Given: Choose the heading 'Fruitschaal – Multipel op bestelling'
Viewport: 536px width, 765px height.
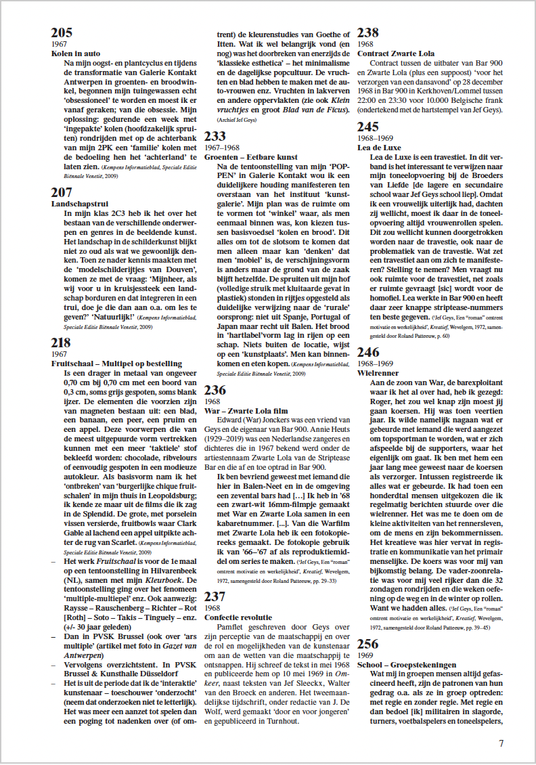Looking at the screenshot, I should (x=116, y=363).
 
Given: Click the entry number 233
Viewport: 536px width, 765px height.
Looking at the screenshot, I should (x=215, y=137).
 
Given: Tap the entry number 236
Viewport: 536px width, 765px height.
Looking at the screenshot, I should (x=215, y=390).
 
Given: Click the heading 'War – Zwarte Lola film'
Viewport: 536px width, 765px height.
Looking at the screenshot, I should (x=247, y=410).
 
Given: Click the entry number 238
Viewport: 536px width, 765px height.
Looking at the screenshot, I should (x=368, y=33).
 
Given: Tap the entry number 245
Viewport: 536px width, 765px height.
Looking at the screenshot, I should (x=368, y=127).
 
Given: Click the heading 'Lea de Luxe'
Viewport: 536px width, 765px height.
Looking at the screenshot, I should (x=378, y=147).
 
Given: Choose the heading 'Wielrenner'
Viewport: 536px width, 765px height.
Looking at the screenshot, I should (x=378, y=372).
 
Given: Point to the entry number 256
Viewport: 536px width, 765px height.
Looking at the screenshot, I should (x=368, y=644).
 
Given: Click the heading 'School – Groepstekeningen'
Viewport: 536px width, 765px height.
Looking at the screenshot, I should (x=407, y=665).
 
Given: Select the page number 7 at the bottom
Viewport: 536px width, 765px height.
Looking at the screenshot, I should (x=501, y=743).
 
